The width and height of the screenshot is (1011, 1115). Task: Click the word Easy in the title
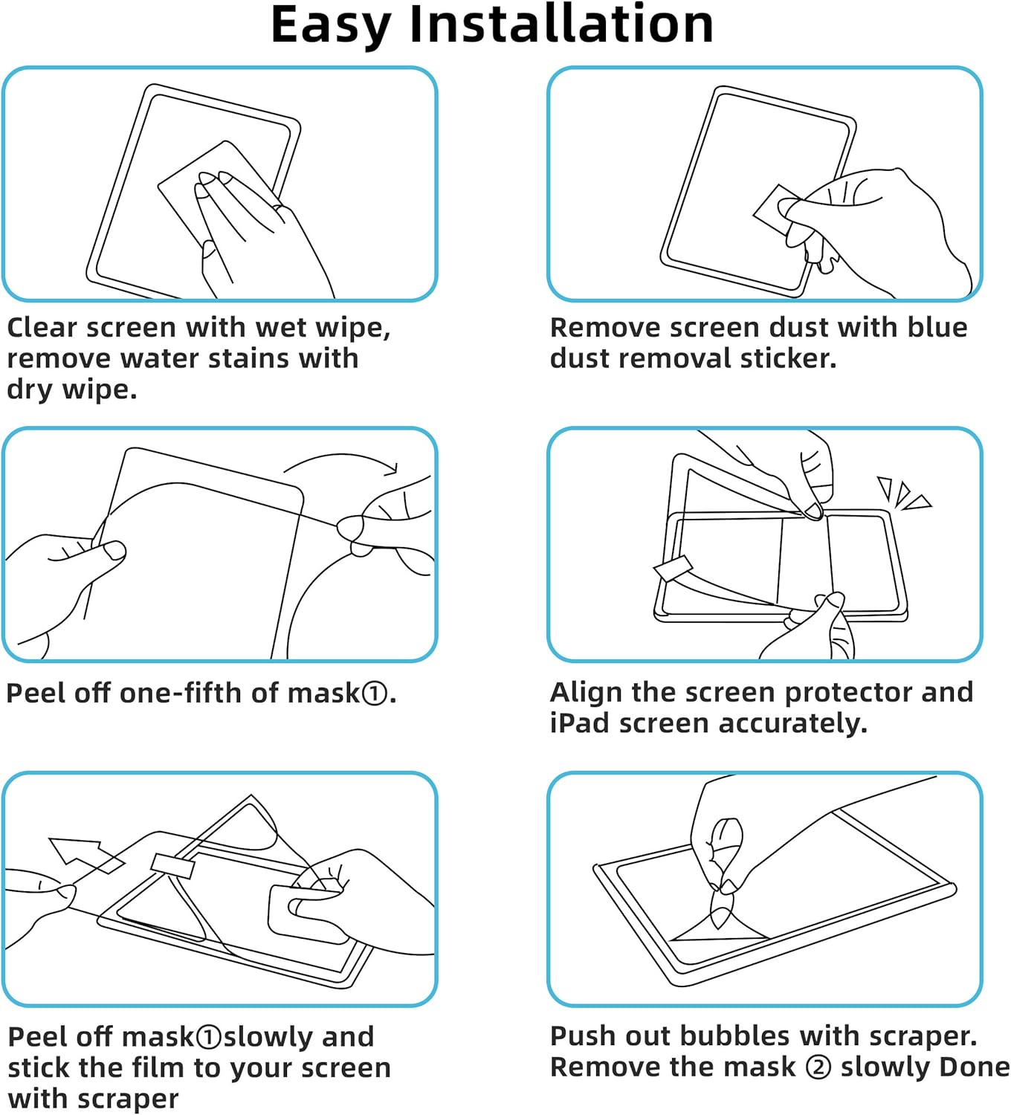coord(330,25)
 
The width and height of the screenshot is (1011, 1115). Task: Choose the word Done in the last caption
coord(975,1067)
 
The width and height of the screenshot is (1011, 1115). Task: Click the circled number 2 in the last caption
coord(818,1067)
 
